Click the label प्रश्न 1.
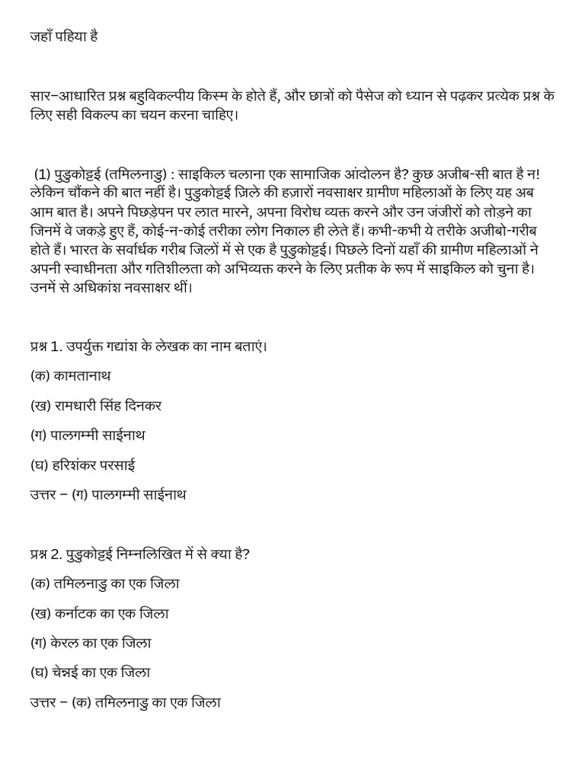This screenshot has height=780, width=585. point(45,347)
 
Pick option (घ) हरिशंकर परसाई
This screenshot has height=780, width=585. point(83,465)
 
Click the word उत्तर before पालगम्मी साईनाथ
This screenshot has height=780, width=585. point(43,494)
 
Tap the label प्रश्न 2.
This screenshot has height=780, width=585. point(45,554)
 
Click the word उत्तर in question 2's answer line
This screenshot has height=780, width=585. point(43,702)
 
